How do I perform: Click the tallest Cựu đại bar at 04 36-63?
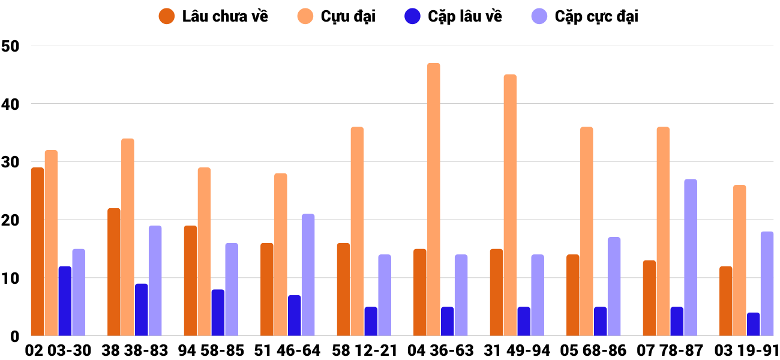pos(433,199)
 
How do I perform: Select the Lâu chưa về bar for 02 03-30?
pos(37,251)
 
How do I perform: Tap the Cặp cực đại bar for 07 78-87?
pos(690,257)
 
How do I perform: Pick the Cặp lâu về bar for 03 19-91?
pos(753,324)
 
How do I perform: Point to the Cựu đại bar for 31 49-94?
pos(510,205)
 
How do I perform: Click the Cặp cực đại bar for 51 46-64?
pos(308,275)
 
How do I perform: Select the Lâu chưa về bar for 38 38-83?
pos(114,272)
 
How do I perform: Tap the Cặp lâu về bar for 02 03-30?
pos(65,301)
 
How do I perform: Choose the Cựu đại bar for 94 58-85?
pos(204,251)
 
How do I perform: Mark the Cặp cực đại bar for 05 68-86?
pos(614,286)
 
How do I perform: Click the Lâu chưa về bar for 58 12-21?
pos(343,289)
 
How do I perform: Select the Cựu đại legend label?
pos(348,16)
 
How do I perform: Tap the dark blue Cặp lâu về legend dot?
pos(412,16)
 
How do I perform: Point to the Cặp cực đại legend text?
pos(596,16)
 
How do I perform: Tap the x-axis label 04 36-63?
pos(440,350)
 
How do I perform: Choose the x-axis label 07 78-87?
pos(670,350)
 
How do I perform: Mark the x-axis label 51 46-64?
pos(287,350)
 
